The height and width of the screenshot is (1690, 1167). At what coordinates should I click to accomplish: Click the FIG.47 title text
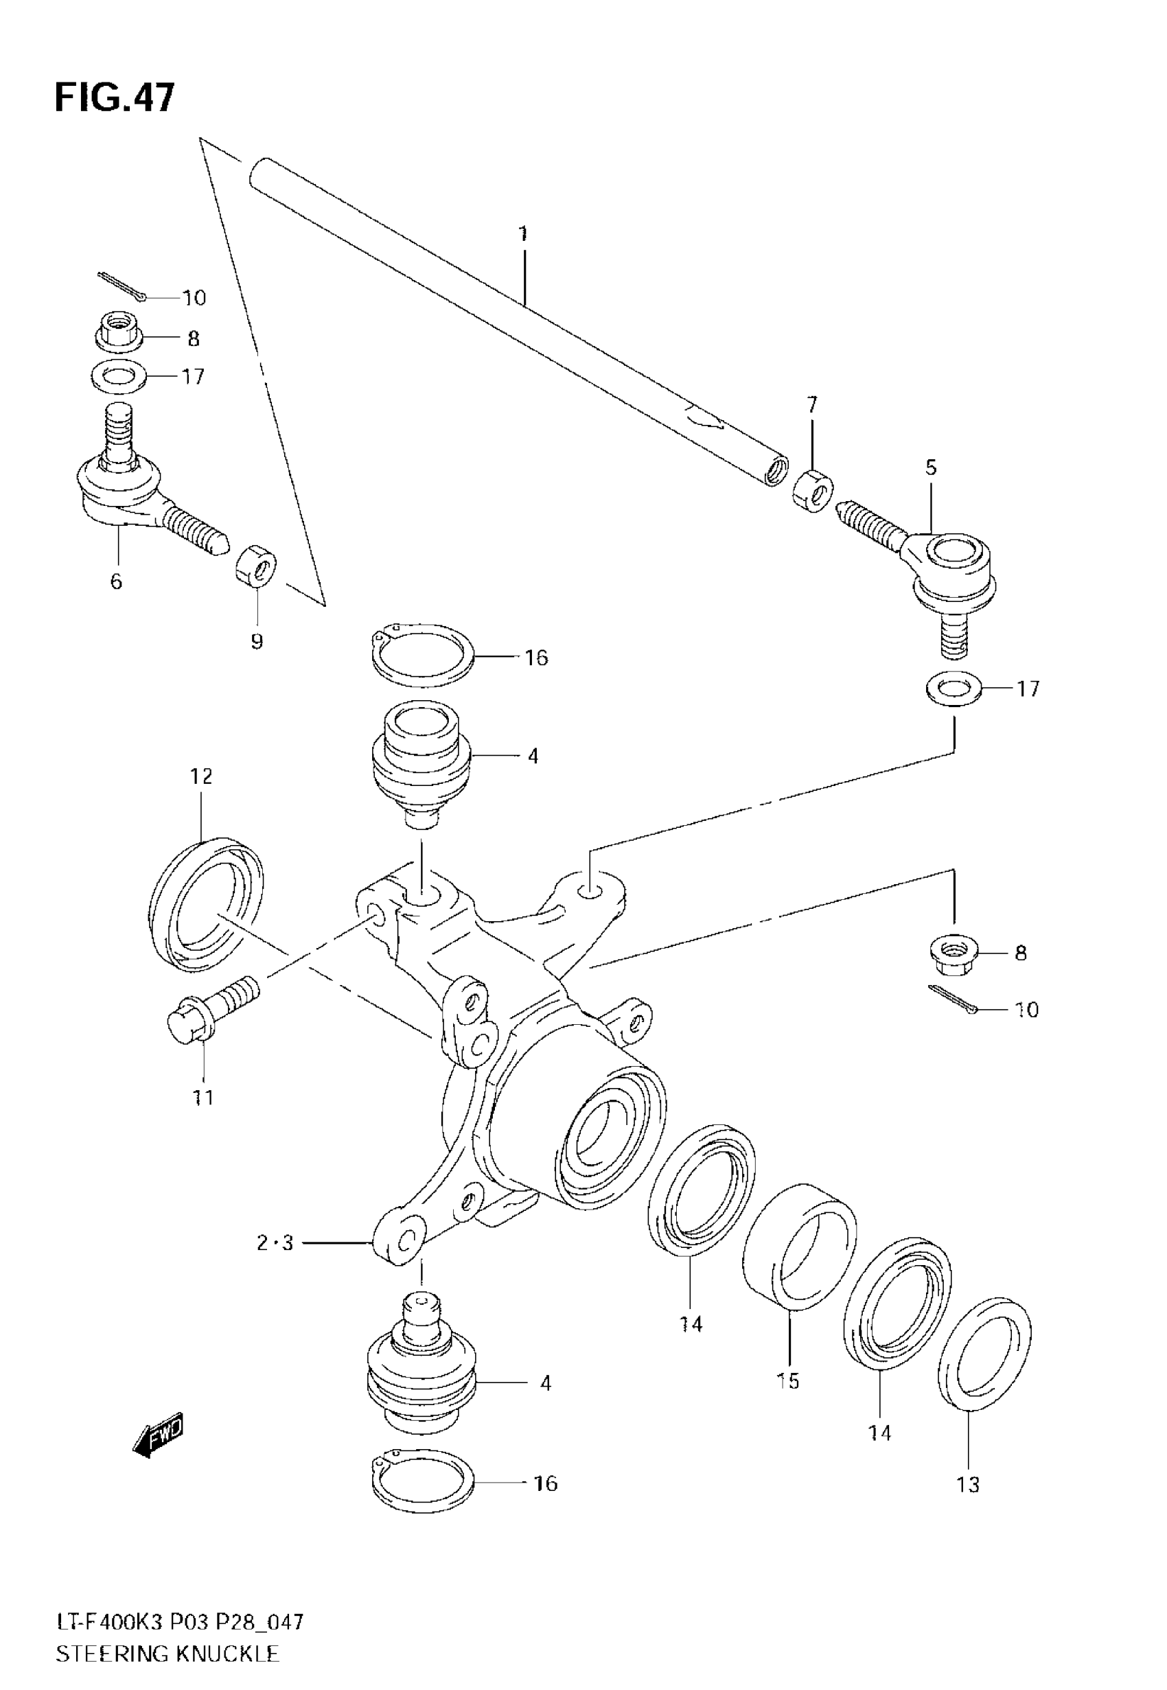(115, 97)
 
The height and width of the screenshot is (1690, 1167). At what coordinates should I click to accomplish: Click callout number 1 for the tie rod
(523, 234)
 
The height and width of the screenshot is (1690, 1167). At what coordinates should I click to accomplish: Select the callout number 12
(201, 776)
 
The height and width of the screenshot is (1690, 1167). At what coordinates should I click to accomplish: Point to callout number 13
(968, 1485)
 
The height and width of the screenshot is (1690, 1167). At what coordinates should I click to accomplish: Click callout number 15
(788, 1382)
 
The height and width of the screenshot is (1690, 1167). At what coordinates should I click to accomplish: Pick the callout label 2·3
(275, 1242)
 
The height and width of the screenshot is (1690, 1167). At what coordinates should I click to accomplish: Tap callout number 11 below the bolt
(203, 1097)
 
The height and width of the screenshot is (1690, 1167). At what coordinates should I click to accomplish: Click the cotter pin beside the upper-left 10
(122, 285)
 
